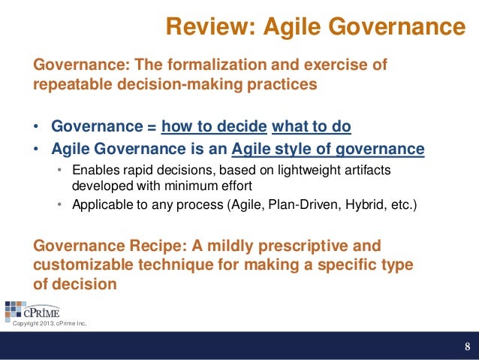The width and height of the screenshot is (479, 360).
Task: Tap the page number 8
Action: click(x=467, y=346)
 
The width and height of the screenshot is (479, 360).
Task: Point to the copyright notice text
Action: click(x=50, y=325)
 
